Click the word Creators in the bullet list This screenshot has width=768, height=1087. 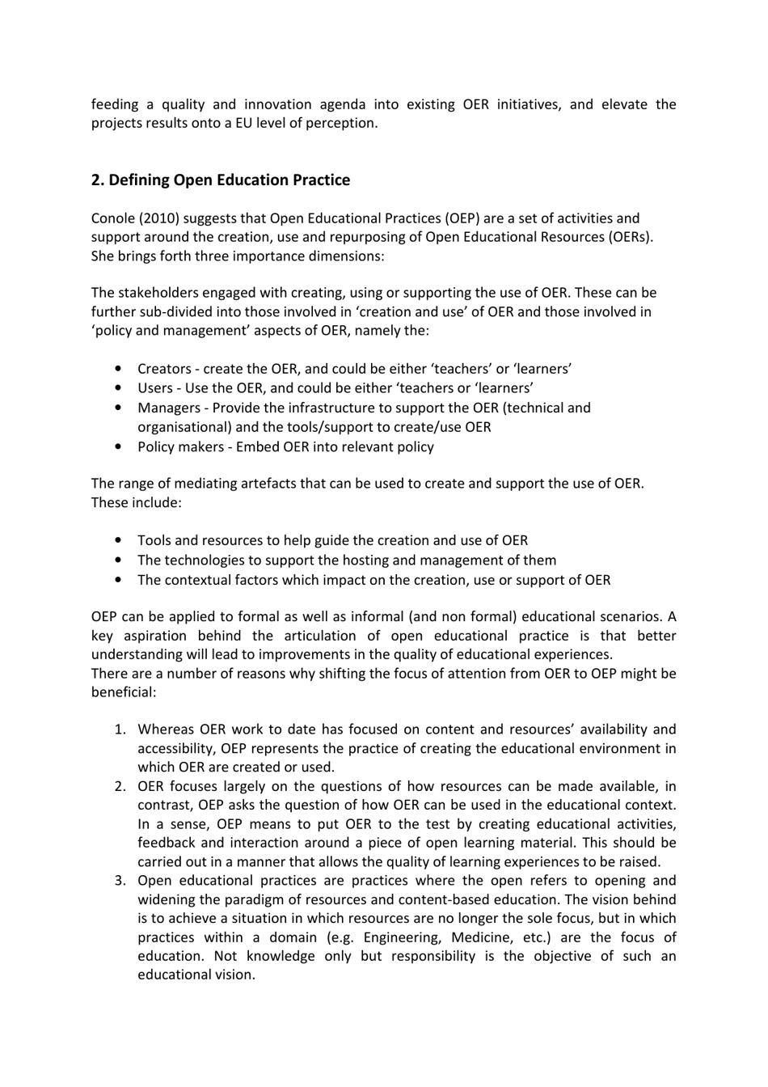(164, 369)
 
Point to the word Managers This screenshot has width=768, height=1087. (168, 408)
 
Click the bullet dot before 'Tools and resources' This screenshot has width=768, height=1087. (120, 541)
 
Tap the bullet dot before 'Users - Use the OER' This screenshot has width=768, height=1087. (120, 389)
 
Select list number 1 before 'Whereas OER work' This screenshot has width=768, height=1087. (119, 730)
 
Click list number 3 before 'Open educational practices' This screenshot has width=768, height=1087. (119, 881)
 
